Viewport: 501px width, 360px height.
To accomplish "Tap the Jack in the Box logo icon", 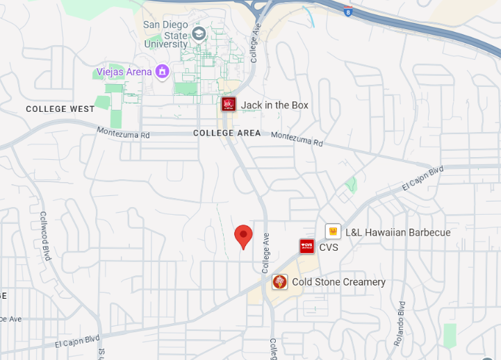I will pyautogui.click(x=229, y=104).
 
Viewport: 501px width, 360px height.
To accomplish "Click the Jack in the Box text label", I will pyautogui.click(x=274, y=105).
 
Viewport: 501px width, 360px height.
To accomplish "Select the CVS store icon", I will pyautogui.click(x=306, y=246).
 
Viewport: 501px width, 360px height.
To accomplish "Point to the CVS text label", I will pyautogui.click(x=329, y=247).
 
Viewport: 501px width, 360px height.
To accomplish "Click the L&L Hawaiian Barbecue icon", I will pyautogui.click(x=333, y=231).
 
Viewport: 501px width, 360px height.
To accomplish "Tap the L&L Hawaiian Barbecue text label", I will pyautogui.click(x=397, y=232).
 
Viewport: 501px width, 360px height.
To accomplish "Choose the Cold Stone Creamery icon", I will pyautogui.click(x=279, y=281).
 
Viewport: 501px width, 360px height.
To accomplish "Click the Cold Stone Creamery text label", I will pyautogui.click(x=338, y=282).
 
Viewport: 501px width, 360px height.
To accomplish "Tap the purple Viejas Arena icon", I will pyautogui.click(x=162, y=71).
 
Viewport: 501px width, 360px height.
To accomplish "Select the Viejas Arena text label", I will pyautogui.click(x=124, y=72).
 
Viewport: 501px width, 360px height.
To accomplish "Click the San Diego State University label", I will pyautogui.click(x=166, y=35).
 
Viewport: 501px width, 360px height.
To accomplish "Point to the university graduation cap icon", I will pyautogui.click(x=199, y=34).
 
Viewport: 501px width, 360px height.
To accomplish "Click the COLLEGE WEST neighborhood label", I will pyautogui.click(x=60, y=109).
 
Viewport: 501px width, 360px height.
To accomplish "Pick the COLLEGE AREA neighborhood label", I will pyautogui.click(x=227, y=133).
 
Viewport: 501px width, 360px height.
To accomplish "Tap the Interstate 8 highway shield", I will pyautogui.click(x=347, y=11).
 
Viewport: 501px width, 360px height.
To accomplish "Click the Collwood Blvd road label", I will pyautogui.click(x=46, y=236).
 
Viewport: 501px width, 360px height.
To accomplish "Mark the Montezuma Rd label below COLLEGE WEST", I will pyautogui.click(x=123, y=133).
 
